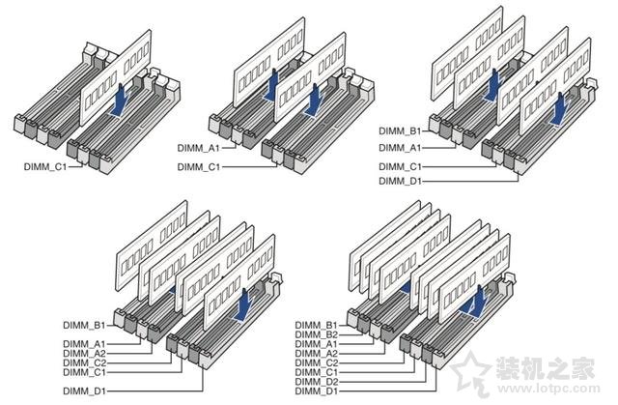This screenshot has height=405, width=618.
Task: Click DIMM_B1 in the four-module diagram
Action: (400, 131)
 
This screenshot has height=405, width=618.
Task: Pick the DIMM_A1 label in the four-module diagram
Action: (400, 147)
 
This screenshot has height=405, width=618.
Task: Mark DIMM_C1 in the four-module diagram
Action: (400, 166)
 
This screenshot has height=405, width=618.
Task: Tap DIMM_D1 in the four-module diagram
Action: (400, 180)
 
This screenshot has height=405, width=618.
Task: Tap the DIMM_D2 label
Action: (317, 381)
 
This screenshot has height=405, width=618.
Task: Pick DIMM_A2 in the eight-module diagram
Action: (317, 353)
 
